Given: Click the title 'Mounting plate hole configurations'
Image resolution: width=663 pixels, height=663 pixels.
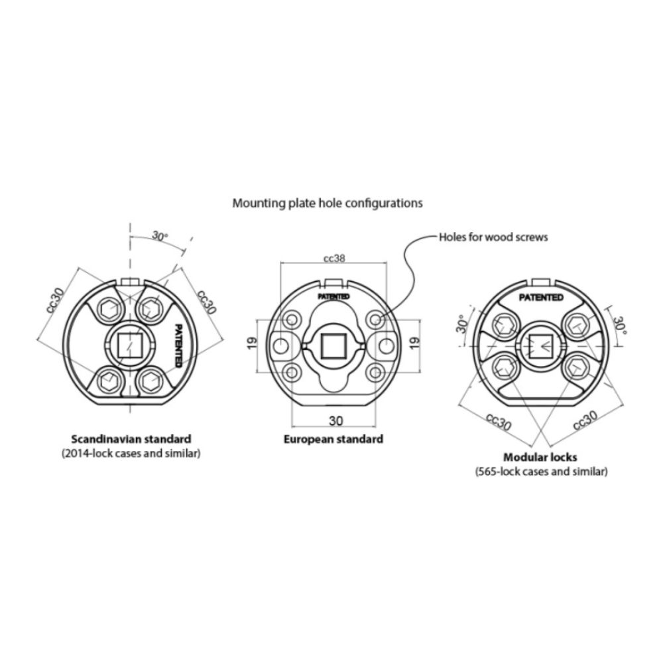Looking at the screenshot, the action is click(x=328, y=204).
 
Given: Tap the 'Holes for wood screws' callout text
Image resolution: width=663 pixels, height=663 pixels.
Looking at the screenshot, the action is click(x=493, y=237).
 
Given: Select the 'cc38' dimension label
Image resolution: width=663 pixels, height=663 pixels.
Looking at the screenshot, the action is click(x=334, y=258).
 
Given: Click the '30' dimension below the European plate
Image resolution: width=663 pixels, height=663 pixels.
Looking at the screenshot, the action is click(x=335, y=421).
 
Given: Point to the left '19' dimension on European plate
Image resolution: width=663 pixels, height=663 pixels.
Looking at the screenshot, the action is click(x=251, y=343).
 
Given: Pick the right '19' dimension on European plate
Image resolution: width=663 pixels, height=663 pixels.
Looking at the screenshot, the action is click(x=415, y=343).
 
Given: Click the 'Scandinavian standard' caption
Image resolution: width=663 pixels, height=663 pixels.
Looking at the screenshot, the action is click(x=131, y=439).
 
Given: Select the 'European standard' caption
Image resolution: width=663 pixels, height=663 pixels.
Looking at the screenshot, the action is click(x=333, y=439).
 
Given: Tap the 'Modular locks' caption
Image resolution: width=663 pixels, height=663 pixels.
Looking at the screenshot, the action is click(x=540, y=457).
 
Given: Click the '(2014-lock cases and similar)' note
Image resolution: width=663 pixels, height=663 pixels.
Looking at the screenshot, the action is click(x=131, y=453).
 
